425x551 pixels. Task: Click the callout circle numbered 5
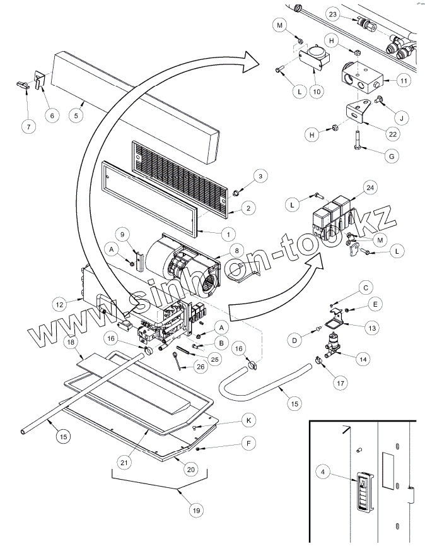pos(76,116)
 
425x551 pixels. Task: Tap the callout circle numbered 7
pos(27,127)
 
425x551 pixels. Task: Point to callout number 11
pos(404,81)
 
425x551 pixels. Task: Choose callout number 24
pos(370,187)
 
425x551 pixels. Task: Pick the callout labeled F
pos(249,444)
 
